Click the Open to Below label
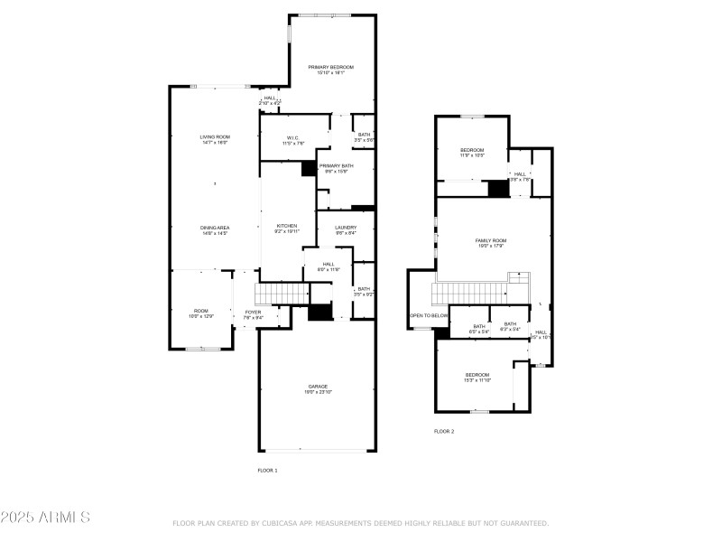tap(429, 315)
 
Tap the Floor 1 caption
tap(268, 471)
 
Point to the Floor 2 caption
tap(444, 432)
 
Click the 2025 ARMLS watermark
tap(45, 518)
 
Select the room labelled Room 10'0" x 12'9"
tap(200, 313)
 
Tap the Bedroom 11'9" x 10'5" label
tap(473, 152)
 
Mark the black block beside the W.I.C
tap(309, 168)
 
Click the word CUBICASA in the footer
tap(279, 523)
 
